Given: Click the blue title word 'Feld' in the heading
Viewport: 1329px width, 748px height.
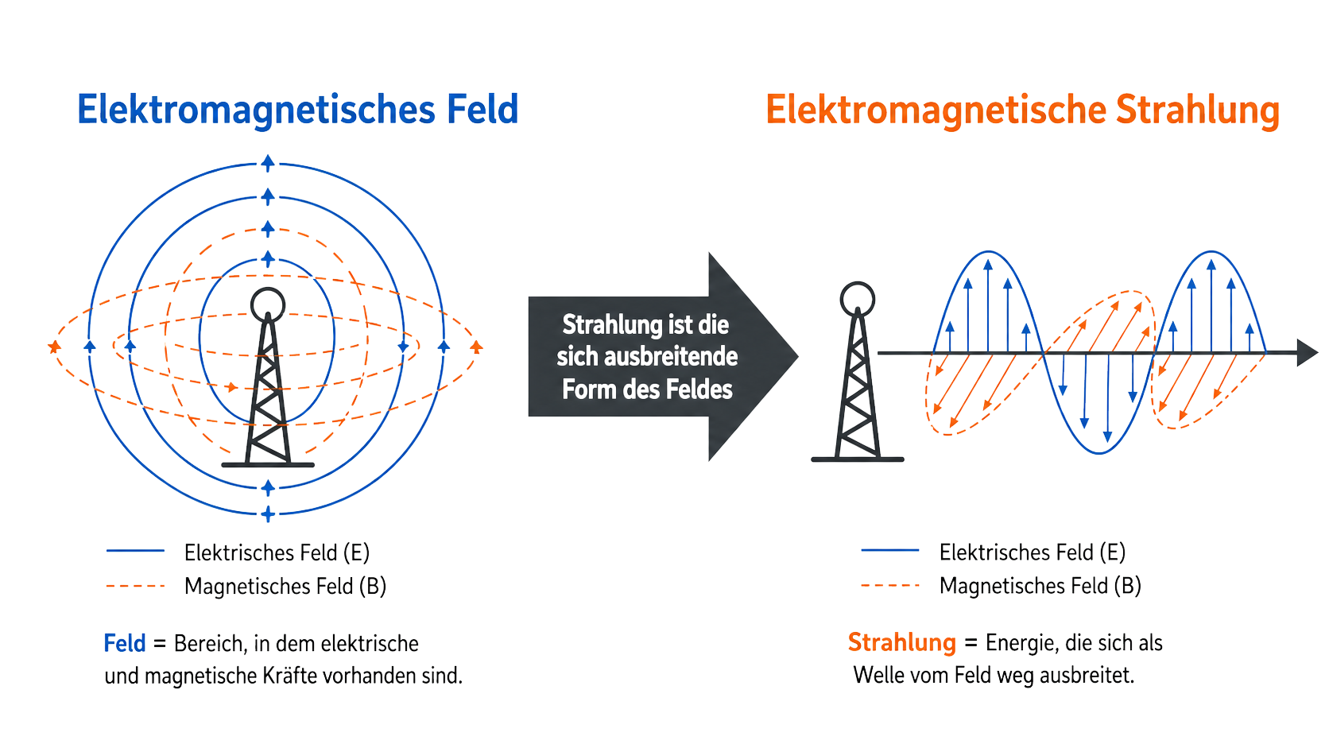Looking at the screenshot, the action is coord(482,109).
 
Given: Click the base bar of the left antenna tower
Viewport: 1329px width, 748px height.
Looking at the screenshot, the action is coord(268,465).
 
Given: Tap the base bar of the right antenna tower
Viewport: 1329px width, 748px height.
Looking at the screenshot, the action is coord(858,459).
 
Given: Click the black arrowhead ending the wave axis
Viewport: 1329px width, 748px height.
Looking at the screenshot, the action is coord(1308,353).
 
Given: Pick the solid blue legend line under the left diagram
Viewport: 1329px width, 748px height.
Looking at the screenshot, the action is coord(135,551).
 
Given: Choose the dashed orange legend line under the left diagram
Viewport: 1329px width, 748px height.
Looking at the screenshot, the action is coord(135,586).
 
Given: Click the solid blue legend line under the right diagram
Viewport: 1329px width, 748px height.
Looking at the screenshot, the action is coord(890,551).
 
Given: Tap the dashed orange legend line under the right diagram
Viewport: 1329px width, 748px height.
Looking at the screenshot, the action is coord(890,586).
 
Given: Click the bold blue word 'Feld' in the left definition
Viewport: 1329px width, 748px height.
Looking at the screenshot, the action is coord(125,644).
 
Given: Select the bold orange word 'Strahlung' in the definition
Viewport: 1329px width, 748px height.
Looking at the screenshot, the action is coord(902,643).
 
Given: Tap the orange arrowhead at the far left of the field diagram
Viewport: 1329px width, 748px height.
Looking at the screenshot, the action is coord(54,347).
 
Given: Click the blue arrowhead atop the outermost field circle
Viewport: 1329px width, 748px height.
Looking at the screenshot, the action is coord(268,162).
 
